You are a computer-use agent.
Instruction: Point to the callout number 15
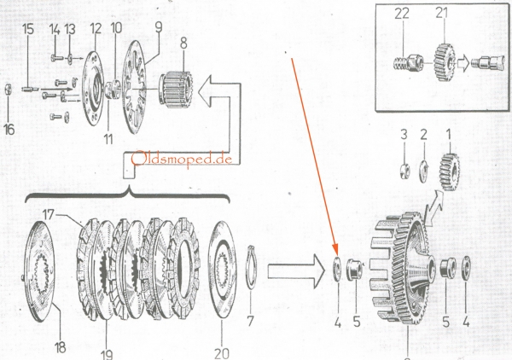click(x=28, y=28)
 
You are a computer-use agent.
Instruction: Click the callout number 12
click(x=94, y=28)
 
